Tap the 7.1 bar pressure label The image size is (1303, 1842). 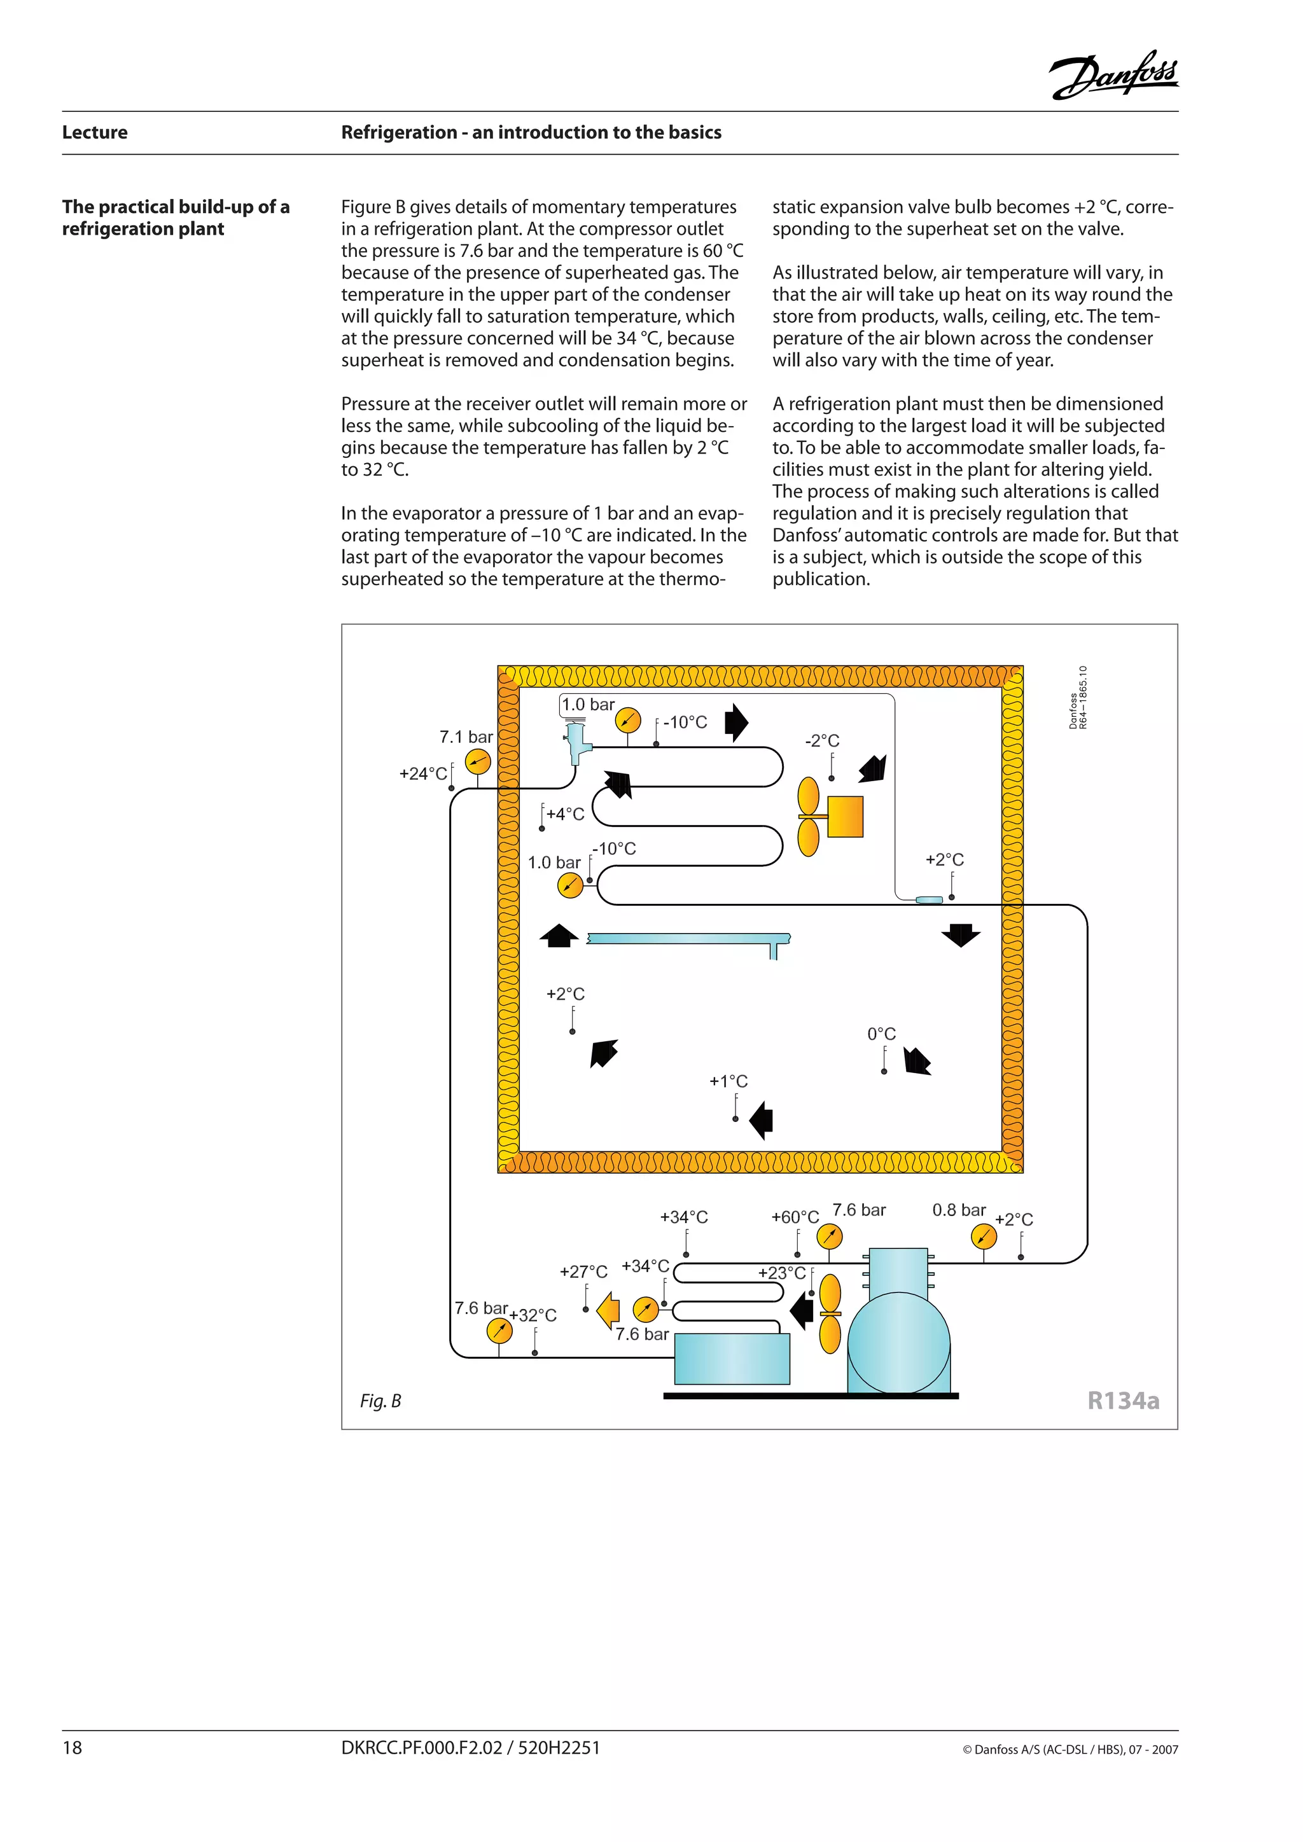coord(466,737)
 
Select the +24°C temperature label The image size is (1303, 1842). coord(423,773)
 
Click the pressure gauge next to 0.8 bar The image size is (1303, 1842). coord(983,1237)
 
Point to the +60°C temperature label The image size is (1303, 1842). coord(794,1217)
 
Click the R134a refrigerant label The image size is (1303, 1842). coord(1122,1401)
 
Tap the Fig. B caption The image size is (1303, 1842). coord(380,1401)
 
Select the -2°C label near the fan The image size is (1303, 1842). coord(823,740)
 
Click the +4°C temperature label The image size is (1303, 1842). coord(566,814)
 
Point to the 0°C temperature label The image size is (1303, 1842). coord(881,1034)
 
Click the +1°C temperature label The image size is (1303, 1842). coord(728,1081)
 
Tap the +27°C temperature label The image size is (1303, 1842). coord(583,1271)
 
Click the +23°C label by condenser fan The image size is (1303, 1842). coord(781,1272)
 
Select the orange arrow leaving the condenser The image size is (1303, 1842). coord(609,1310)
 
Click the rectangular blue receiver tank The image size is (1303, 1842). coord(732,1359)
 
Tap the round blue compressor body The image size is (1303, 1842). coord(898,1345)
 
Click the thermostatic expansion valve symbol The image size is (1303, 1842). coord(576,743)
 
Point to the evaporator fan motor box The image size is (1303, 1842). coord(845,817)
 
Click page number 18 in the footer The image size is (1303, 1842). coord(72,1748)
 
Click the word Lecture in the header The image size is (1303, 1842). coord(95,132)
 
